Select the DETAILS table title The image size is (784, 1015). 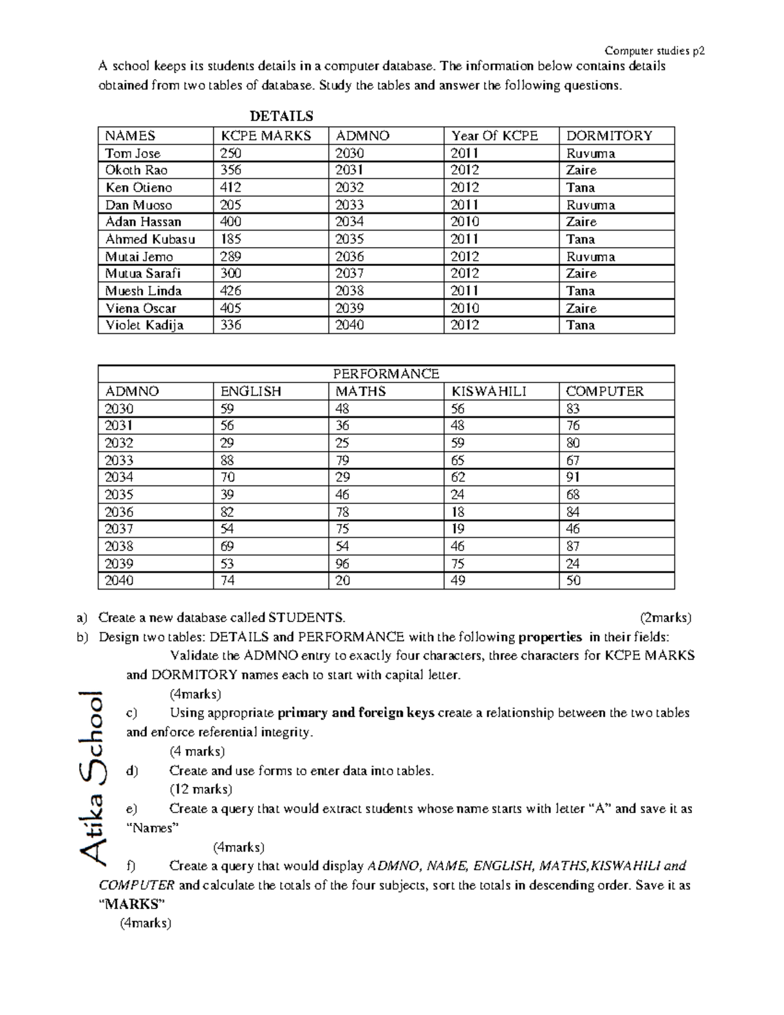click(282, 116)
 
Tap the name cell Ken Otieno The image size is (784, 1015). click(139, 188)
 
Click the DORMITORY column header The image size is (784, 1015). click(609, 136)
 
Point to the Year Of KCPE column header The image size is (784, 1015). click(495, 136)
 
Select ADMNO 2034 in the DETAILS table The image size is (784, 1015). click(350, 222)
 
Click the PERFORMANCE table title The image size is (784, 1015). click(386, 374)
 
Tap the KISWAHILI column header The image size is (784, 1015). click(489, 391)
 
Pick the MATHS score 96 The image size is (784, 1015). click(342, 563)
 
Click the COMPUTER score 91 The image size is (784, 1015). click(573, 477)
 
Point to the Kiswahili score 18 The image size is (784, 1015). click(457, 512)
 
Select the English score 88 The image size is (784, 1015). click(227, 460)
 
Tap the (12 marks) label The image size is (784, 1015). click(201, 790)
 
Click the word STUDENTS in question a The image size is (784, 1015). click(305, 618)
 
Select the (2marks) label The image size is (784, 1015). click(665, 618)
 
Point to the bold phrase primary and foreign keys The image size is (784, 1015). click(356, 713)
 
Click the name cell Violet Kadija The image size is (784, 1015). click(144, 325)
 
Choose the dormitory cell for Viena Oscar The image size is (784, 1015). click(581, 308)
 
